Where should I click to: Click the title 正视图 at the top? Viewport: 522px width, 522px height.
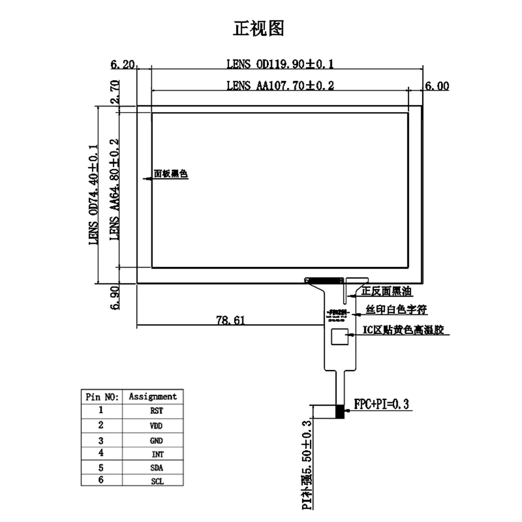pyautogui.click(x=258, y=28)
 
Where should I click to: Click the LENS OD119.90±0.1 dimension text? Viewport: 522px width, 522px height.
pyautogui.click(x=280, y=64)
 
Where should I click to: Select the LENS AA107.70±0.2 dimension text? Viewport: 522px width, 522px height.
pyautogui.click(x=280, y=86)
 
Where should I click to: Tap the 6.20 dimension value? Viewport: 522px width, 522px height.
pyautogui.click(x=123, y=65)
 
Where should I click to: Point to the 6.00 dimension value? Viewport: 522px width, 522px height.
pyautogui.click(x=436, y=87)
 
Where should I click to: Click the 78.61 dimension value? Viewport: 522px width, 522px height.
pyautogui.click(x=230, y=321)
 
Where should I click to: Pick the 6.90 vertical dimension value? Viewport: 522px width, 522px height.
pyautogui.click(x=115, y=297)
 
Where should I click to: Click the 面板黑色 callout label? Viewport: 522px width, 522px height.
pyautogui.click(x=171, y=174)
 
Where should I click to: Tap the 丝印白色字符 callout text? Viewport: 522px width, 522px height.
pyautogui.click(x=396, y=311)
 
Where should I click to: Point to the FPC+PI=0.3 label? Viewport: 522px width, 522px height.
pyautogui.click(x=381, y=404)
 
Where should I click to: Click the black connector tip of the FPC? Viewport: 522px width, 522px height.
pyautogui.click(x=340, y=412)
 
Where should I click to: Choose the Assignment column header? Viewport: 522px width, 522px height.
pyautogui.click(x=153, y=397)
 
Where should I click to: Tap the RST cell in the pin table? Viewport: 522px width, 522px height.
pyautogui.click(x=157, y=411)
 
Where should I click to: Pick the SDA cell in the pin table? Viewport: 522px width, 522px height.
pyautogui.click(x=157, y=468)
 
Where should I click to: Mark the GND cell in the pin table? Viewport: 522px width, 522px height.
pyautogui.click(x=157, y=440)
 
